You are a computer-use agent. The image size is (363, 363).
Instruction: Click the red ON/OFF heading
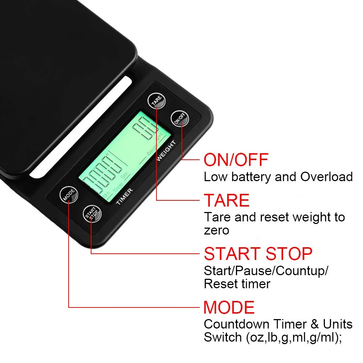[x=236, y=160]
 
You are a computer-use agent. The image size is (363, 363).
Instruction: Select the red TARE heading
[x=227, y=200]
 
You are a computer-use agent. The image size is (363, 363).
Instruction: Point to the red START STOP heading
[x=258, y=254]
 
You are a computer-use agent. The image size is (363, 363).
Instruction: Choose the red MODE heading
[x=229, y=307]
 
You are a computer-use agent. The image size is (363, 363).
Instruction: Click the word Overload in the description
[x=326, y=177]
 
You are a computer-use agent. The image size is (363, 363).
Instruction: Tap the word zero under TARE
[x=216, y=230]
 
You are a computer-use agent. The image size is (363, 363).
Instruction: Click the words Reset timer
[x=237, y=284]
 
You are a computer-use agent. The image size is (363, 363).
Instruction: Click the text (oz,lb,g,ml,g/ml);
[x=294, y=337]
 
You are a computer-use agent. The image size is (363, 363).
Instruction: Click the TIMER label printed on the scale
[x=125, y=196]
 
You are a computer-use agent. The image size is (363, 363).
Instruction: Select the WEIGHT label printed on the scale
[x=166, y=150]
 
